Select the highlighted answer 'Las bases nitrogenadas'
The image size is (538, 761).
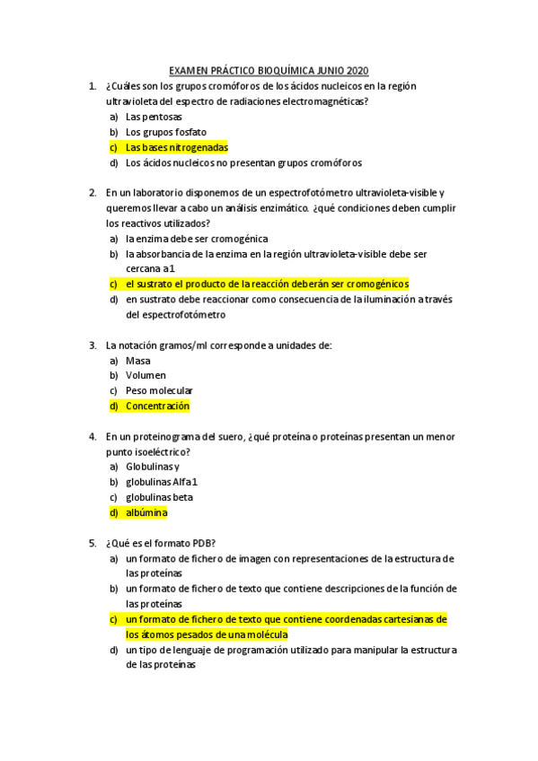tap(177, 147)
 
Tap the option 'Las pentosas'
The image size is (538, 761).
tap(154, 117)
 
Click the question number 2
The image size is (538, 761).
tap(93, 193)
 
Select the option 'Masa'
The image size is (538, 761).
tap(138, 361)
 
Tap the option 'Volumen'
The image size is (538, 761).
tap(146, 376)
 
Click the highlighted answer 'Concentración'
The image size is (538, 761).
tap(157, 407)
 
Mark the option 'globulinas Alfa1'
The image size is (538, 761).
tap(161, 482)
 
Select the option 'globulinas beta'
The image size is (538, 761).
tap(159, 497)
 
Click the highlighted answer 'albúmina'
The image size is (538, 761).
tap(146, 512)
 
